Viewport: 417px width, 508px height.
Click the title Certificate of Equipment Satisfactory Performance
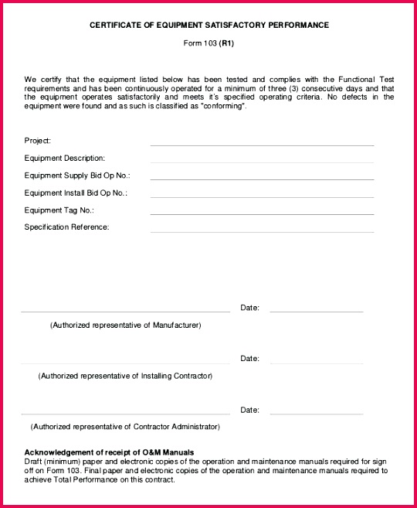208,26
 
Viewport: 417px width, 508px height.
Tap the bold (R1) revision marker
226,43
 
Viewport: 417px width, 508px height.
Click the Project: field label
38,141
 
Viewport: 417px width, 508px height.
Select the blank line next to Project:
262,145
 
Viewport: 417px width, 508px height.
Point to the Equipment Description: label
65,158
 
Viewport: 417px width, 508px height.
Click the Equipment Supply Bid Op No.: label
77,176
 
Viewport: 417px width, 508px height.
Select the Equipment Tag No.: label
59,210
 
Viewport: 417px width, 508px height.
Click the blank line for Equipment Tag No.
262,214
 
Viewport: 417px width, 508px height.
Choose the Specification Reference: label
67,227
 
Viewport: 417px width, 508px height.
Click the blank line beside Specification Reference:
262,231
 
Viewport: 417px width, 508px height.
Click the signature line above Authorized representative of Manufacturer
125,312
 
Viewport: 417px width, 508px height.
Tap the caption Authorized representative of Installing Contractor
125,376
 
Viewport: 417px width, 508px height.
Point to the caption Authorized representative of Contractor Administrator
125,426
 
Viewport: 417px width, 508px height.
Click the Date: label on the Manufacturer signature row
249,308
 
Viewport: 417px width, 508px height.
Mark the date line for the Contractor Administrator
316,414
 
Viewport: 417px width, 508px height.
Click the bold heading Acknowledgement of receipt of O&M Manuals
109,452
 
